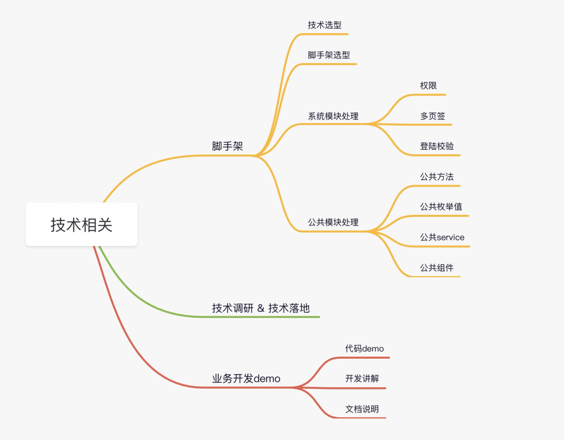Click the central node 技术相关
(81, 225)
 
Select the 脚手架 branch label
(228, 146)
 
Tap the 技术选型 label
(325, 25)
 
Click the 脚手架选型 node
(329, 55)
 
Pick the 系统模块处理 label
(333, 116)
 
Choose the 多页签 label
(432, 116)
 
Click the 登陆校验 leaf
(437, 146)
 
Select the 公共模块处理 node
(333, 223)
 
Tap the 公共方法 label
(437, 177)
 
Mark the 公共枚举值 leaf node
(441, 207)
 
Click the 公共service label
(442, 238)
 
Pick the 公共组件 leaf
(437, 268)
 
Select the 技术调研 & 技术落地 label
(261, 308)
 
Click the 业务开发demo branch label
(246, 379)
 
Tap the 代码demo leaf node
(365, 349)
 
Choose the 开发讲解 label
(362, 379)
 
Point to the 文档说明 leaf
(362, 409)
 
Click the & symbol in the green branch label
(261, 309)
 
